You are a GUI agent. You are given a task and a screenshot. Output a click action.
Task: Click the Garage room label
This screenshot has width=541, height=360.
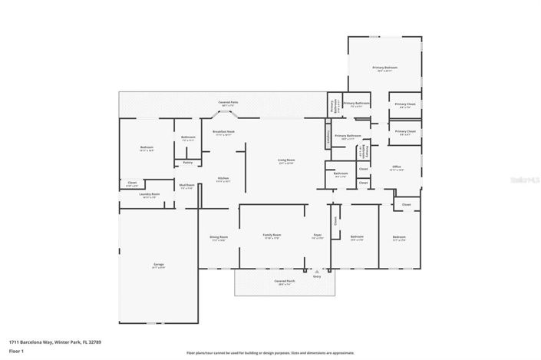(x=159, y=264)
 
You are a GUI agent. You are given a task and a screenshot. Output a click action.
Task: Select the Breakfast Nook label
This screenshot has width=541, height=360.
(x=224, y=132)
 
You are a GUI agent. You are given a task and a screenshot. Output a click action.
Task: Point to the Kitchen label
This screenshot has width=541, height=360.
(x=223, y=179)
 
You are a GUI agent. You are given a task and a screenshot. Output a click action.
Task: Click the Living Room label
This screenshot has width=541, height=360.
(x=286, y=160)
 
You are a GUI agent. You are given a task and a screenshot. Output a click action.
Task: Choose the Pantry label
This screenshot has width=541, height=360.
(x=187, y=163)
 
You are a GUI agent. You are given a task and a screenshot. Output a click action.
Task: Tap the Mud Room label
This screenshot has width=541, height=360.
(x=186, y=185)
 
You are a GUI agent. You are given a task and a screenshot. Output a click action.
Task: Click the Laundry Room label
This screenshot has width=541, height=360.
(x=150, y=195)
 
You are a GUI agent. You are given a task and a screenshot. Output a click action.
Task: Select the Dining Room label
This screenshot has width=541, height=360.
(x=219, y=237)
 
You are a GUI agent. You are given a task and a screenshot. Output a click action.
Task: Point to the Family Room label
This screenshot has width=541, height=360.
(x=272, y=235)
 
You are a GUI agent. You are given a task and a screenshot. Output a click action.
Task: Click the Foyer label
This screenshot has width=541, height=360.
(x=317, y=236)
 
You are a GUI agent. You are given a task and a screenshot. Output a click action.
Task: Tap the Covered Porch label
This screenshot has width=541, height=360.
(x=285, y=282)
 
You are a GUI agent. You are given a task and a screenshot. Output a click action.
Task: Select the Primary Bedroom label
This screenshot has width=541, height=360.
(x=384, y=68)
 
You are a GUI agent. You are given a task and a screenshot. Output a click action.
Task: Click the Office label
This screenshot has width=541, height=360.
(x=397, y=167)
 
